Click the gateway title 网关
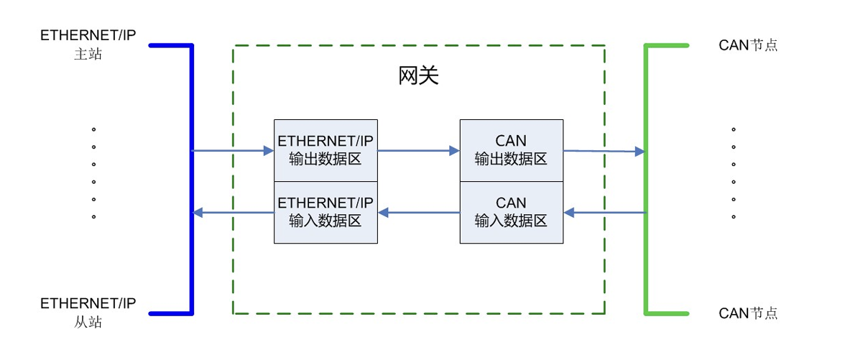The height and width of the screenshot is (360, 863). tap(418, 76)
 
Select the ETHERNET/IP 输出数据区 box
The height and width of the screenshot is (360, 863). tap(326, 150)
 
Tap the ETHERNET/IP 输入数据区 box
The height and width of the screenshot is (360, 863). tap(326, 212)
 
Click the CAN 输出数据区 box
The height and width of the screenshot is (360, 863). tap(511, 150)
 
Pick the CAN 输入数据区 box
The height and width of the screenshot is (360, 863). tap(511, 212)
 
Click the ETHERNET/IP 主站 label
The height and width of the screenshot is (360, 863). tap(88, 45)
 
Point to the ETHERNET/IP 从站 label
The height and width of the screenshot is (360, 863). tap(88, 312)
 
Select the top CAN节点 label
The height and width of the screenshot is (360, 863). tap(748, 45)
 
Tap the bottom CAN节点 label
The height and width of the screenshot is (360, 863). tap(748, 313)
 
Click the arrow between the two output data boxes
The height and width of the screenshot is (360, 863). tap(418, 151)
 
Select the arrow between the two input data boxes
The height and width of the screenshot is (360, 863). tap(418, 213)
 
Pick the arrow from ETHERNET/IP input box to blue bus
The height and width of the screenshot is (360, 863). tap(233, 213)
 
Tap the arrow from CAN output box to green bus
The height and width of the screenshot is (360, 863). tap(604, 152)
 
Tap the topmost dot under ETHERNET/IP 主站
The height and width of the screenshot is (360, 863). tap(93, 130)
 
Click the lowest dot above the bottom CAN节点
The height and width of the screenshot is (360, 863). tap(734, 216)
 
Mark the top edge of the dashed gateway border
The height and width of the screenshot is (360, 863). tap(418, 46)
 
